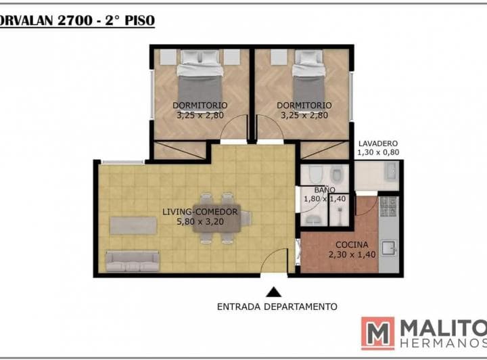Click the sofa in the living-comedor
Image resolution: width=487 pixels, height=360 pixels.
[133, 261]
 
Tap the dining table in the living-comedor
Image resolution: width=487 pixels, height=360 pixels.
[217, 218]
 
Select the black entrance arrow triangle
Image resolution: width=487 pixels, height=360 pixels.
[274, 292]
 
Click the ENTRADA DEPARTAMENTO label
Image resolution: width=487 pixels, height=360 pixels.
[277, 307]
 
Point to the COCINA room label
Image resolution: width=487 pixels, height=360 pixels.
[352, 245]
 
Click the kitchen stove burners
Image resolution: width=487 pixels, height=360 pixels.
[388, 206]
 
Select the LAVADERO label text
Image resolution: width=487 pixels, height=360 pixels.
[378, 143]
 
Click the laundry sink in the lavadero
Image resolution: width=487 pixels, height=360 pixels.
[391, 171]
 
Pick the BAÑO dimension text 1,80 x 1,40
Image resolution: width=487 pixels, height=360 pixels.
[325, 199]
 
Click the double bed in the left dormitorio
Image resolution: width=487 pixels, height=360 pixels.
[200, 78]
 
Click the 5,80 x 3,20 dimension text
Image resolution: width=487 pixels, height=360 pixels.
[200, 222]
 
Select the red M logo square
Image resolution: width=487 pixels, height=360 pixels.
[378, 334]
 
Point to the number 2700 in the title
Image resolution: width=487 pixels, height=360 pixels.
[75, 21]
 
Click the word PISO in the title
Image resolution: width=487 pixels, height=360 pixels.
[140, 21]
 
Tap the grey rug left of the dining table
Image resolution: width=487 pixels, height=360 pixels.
[133, 225]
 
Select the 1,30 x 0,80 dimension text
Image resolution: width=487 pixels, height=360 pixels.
[378, 152]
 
